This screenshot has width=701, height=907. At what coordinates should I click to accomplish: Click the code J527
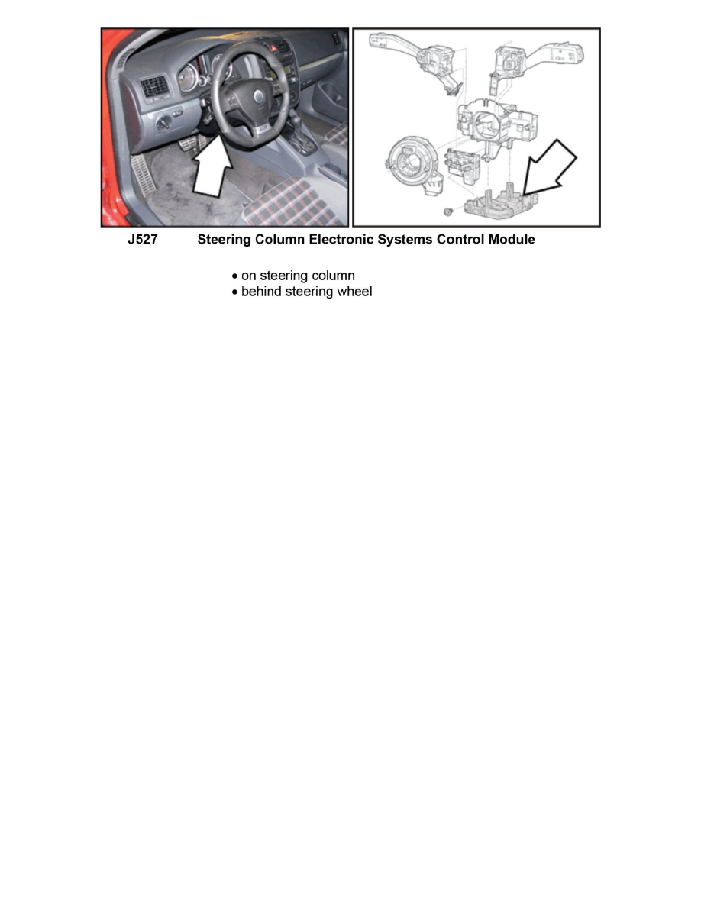(142, 240)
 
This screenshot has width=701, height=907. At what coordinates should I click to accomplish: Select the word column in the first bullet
(331, 276)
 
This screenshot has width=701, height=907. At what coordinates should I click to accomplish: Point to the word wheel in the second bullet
(354, 292)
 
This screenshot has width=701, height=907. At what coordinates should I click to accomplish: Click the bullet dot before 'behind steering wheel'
(235, 292)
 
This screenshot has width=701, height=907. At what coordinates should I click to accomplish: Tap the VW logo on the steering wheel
(258, 96)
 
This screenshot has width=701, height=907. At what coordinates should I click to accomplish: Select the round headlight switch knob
(165, 123)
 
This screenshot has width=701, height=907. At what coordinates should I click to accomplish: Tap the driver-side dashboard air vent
(153, 87)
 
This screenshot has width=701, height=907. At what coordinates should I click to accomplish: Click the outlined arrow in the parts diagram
(550, 167)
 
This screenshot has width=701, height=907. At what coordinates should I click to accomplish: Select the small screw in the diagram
(447, 211)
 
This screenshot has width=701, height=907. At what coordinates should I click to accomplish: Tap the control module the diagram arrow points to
(501, 202)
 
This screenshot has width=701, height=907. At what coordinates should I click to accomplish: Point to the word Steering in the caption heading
(223, 240)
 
